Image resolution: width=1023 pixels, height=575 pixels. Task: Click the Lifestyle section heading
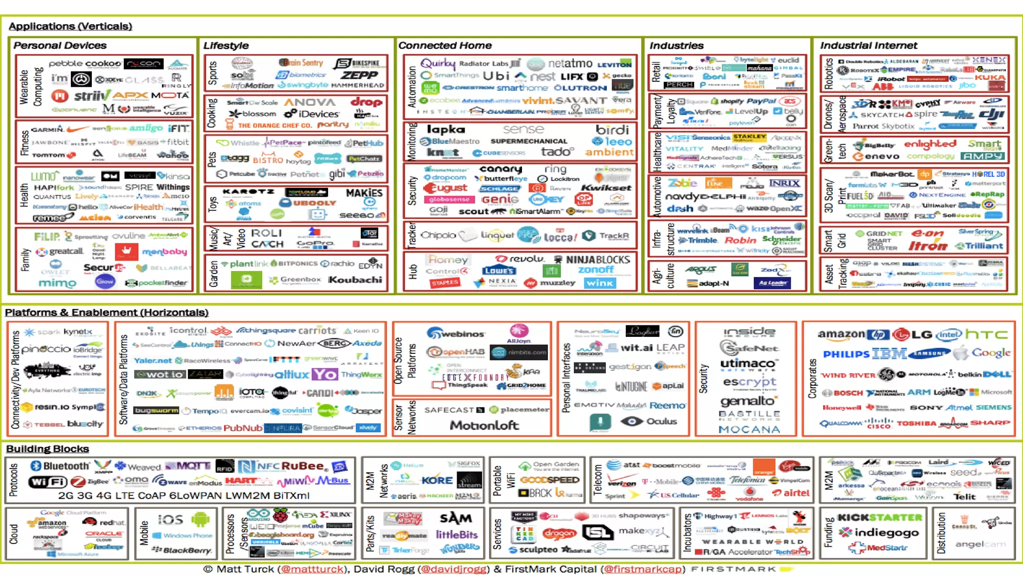226,45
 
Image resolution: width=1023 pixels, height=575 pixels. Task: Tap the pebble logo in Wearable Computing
65,63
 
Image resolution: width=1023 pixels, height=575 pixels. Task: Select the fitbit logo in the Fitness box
178,142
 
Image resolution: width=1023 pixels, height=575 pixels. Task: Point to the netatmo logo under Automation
570,63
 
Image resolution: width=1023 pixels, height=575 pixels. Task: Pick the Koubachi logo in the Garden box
355,280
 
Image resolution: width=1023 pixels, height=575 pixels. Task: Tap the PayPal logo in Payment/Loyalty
761,101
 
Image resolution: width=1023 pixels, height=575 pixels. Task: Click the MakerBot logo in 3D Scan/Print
892,174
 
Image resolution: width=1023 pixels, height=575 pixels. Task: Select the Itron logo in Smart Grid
928,246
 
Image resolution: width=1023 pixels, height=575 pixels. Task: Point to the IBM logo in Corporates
889,354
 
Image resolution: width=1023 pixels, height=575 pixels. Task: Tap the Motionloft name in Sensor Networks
484,425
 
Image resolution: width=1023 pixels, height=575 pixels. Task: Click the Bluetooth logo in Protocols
60,466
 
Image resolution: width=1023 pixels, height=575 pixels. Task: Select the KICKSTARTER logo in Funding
880,518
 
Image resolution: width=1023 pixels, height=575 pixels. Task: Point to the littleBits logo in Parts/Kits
457,534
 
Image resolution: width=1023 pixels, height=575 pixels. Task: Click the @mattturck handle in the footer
313,569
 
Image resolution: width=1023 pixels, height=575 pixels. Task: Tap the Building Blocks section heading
47,449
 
